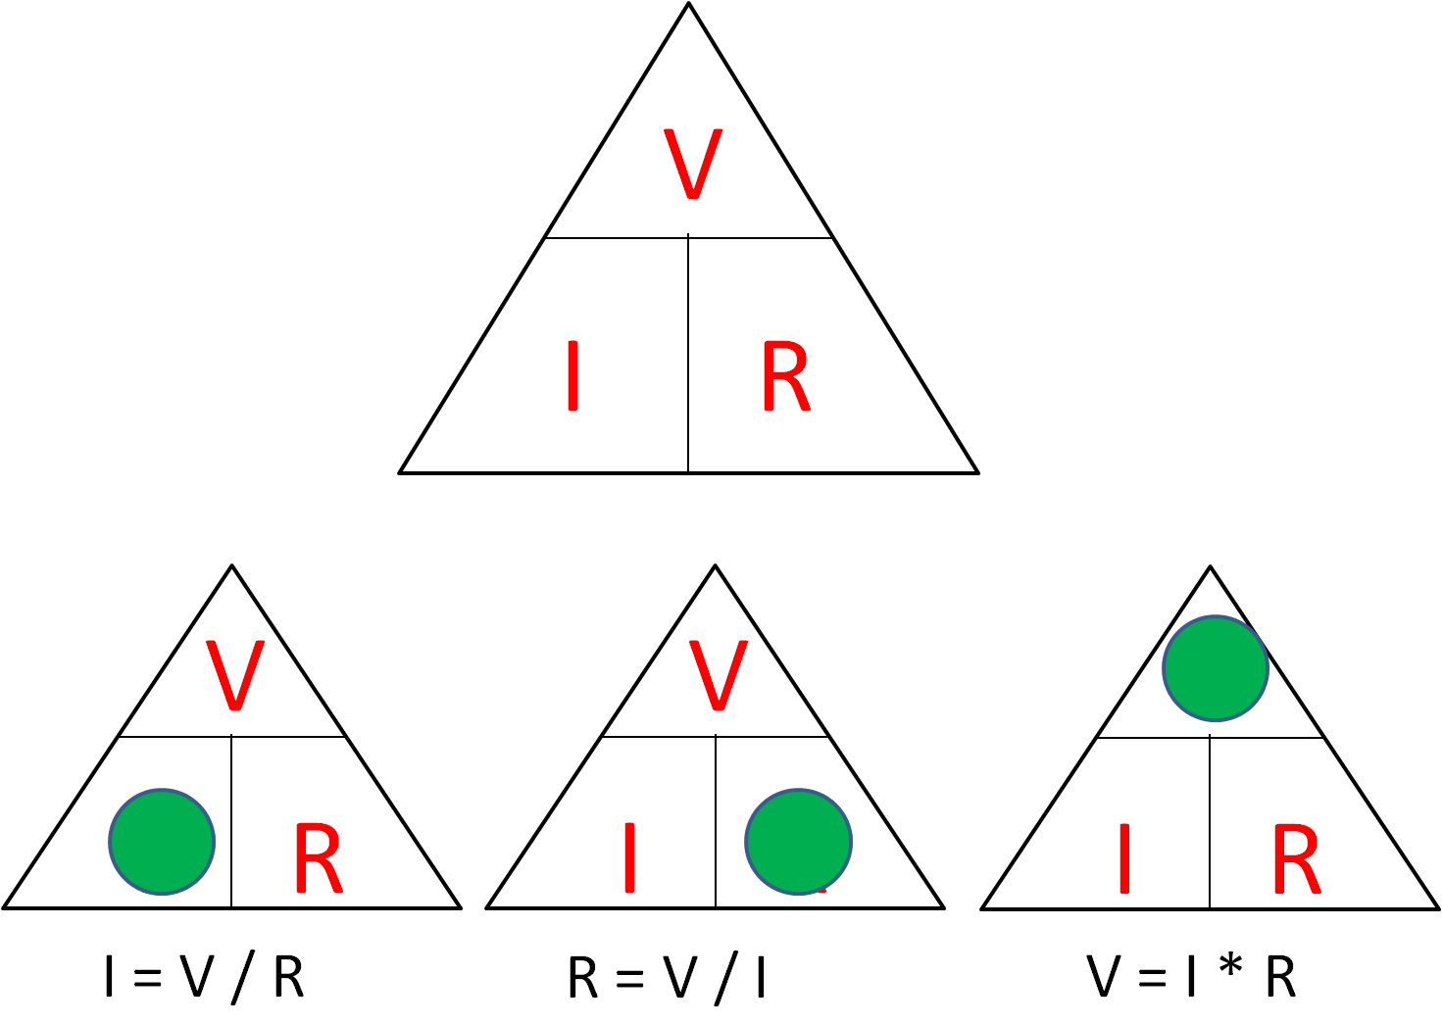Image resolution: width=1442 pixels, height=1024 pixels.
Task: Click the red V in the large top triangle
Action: click(692, 164)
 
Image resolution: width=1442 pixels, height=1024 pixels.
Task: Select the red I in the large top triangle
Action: click(572, 375)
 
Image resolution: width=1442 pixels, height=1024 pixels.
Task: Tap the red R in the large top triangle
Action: click(785, 376)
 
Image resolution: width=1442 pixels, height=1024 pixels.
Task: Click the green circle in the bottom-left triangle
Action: click(162, 841)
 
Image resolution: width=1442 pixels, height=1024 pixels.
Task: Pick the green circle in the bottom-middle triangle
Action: click(798, 841)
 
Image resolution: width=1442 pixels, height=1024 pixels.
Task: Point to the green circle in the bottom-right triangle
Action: click(1215, 668)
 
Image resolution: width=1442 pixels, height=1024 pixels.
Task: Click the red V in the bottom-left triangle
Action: click(235, 675)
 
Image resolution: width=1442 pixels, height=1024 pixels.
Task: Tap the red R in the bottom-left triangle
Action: click(317, 859)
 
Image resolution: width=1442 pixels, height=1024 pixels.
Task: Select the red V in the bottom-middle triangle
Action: click(719, 675)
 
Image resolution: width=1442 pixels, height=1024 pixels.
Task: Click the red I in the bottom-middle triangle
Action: click(629, 858)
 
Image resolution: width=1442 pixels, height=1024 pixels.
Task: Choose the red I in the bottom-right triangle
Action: click(1123, 858)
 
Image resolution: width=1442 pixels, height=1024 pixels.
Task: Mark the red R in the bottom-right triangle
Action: click(1296, 859)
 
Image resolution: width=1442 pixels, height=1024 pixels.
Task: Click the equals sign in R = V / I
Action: click(629, 978)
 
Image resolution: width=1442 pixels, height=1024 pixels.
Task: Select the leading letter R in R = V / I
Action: click(582, 977)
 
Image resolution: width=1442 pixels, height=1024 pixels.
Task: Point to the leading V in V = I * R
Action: click(1104, 976)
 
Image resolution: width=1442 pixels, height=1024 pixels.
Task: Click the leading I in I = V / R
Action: click(109, 977)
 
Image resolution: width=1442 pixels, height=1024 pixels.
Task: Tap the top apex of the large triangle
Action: click(688, 5)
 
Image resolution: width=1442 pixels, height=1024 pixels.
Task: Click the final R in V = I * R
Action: click(1280, 977)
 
